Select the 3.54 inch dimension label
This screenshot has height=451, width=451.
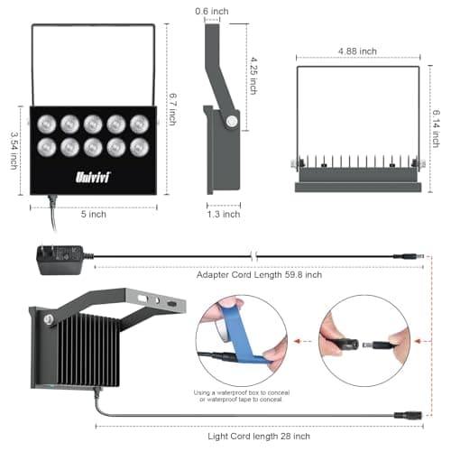pos(14,149)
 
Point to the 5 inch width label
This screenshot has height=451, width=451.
pos(94,215)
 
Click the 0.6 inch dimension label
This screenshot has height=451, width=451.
pos(213,11)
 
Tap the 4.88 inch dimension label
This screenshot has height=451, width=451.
pos(357,51)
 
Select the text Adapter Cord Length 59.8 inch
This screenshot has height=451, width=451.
pos(259,274)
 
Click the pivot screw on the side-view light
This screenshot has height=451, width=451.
pos(232,121)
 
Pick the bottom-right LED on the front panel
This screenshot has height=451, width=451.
pos(139,145)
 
